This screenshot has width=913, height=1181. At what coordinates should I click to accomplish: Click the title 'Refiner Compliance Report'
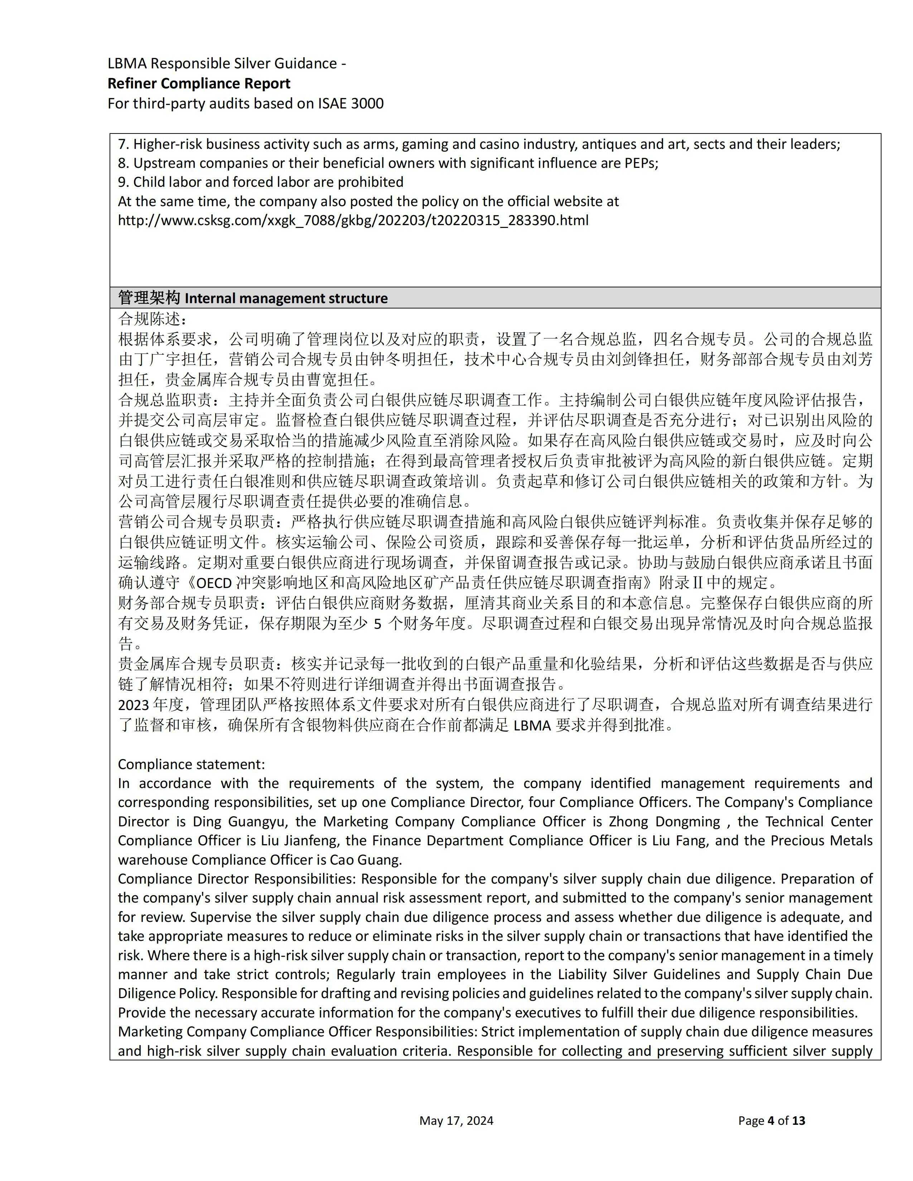pos(198,83)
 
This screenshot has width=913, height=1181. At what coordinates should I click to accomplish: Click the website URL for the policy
pos(353,220)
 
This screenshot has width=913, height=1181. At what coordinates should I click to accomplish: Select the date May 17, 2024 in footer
pos(456,1121)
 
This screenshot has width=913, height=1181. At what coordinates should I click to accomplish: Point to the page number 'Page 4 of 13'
pos(771,1121)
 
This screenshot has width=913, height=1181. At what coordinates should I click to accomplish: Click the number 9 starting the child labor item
pos(122,182)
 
